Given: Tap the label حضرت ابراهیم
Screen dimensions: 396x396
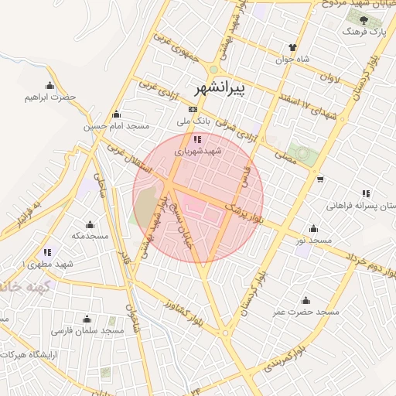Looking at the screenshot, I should click(51, 97).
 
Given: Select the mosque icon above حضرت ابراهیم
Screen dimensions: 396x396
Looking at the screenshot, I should click(50, 85).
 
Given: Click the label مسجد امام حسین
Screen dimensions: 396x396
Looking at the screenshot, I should click(117, 126).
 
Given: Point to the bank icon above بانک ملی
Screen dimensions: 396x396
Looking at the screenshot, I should click(192, 109).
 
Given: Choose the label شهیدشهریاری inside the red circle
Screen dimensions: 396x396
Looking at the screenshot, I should click(197, 152).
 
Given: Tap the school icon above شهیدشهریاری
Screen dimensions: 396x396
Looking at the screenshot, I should click(197, 140).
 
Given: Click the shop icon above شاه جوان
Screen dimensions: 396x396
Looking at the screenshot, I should click(292, 46).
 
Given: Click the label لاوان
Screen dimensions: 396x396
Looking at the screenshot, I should click(329, 78).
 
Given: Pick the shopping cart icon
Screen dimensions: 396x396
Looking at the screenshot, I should click(320, 179).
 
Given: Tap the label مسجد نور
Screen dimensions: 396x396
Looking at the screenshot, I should click(312, 241).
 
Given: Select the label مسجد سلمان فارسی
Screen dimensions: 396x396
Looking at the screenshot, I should click(87, 331).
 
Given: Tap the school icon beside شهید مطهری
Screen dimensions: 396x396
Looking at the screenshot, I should click(48, 252).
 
